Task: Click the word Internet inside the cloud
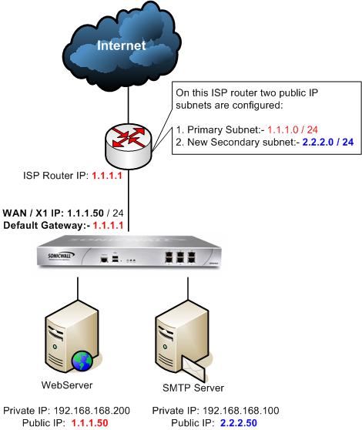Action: [x=121, y=45]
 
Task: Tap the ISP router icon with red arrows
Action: [x=128, y=146]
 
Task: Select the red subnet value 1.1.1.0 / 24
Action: [x=293, y=129]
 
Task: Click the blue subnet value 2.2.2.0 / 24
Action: [x=328, y=142]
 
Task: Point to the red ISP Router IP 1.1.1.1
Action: [x=107, y=176]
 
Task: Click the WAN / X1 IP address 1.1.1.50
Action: [x=85, y=213]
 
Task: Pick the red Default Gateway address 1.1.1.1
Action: [x=108, y=226]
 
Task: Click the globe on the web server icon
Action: [x=82, y=361]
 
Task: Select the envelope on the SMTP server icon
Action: [x=194, y=369]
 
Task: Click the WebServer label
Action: [x=67, y=385]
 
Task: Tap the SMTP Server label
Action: [x=193, y=388]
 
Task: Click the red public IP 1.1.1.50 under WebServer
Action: [x=90, y=423]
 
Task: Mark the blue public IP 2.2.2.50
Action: [x=239, y=423]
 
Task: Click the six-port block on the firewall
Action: [x=180, y=258]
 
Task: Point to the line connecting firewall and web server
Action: [x=78, y=288]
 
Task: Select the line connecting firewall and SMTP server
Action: [x=188, y=288]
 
